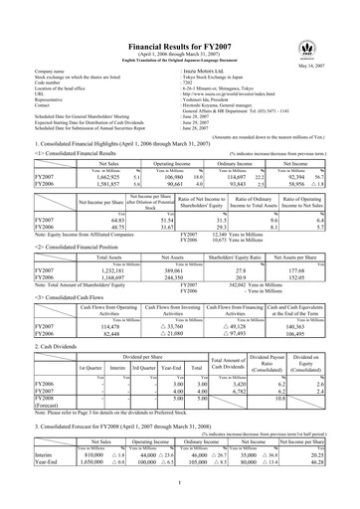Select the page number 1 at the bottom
click(x=180, y=503)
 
